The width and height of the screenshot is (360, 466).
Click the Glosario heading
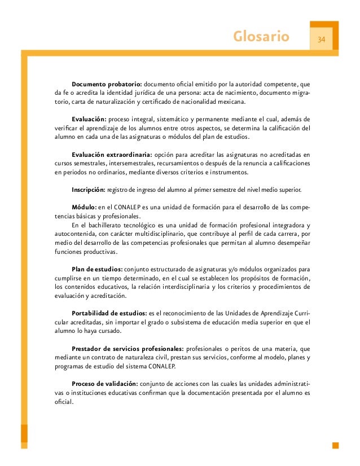click(261, 38)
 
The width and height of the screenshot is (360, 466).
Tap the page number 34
click(322, 39)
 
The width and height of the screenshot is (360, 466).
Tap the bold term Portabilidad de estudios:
click(109, 313)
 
